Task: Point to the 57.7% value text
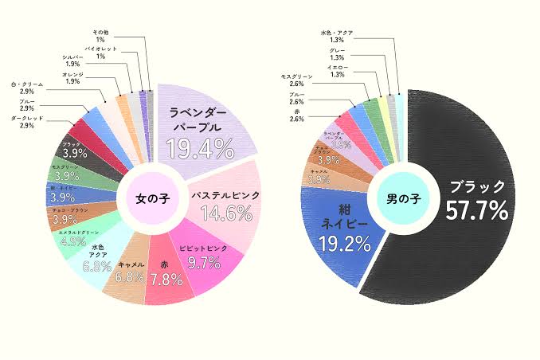pos(477,211)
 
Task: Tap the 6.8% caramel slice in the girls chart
pos(130,271)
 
